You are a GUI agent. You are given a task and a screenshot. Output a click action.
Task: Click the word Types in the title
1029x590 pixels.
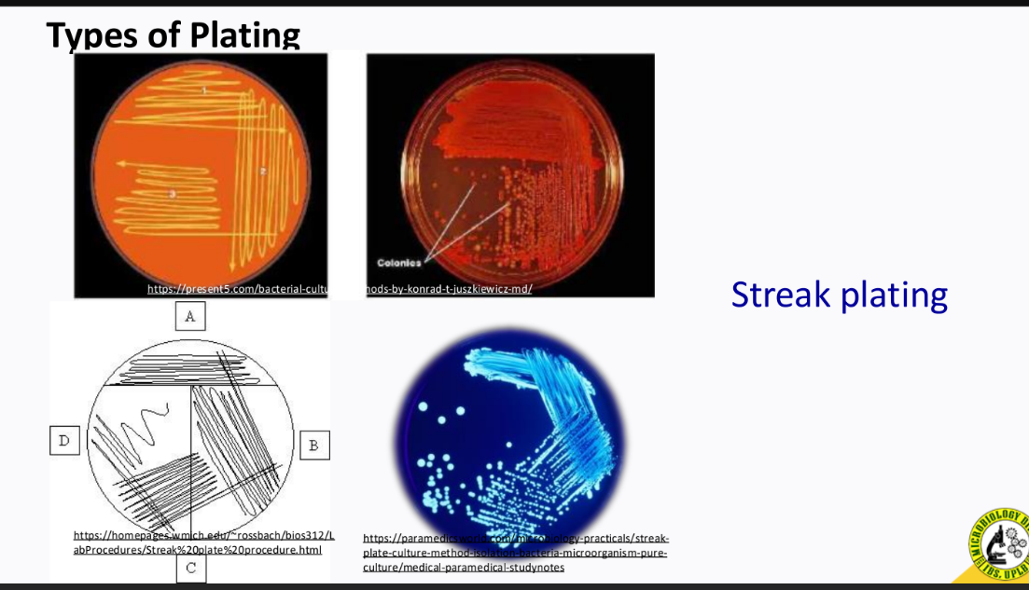[92, 36]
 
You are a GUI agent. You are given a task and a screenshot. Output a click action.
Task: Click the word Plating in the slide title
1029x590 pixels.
[245, 36]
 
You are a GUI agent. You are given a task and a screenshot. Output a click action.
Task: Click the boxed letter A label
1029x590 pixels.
[190, 317]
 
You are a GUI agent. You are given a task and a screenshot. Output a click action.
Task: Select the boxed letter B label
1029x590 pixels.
[313, 445]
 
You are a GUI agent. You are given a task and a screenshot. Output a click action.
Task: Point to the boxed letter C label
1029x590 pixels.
[190, 567]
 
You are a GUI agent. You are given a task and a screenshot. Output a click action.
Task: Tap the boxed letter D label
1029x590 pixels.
[63, 440]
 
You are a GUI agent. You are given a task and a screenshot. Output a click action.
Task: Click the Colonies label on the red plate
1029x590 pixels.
[398, 262]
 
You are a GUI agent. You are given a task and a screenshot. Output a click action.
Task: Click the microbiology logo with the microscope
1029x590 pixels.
[999, 546]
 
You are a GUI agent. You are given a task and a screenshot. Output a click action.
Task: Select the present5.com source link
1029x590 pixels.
[237, 289]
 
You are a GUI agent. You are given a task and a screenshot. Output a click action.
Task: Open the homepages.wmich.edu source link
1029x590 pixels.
[203, 535]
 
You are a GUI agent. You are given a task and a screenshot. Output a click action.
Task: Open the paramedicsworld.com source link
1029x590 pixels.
[515, 539]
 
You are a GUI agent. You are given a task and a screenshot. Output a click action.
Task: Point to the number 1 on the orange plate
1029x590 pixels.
[204, 90]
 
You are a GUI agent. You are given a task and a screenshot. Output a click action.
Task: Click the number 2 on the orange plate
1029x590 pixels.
[263, 171]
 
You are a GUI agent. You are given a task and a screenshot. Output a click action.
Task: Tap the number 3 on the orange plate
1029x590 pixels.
[172, 194]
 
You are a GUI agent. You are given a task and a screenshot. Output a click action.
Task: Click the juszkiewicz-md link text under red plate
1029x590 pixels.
[449, 289]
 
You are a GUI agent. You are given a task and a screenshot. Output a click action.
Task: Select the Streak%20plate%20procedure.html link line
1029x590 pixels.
[198, 550]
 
